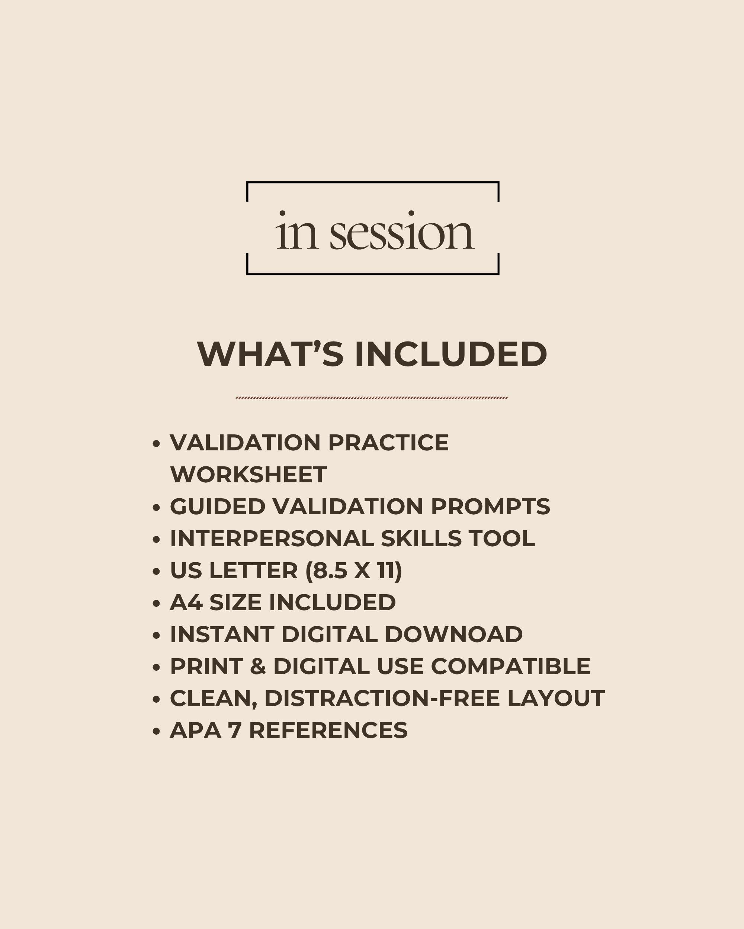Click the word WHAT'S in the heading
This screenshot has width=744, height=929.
click(270, 354)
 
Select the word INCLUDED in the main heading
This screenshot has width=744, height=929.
click(451, 354)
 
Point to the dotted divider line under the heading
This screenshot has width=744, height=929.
click(372, 397)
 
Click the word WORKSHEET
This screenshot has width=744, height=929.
click(248, 475)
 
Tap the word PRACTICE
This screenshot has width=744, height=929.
click(388, 443)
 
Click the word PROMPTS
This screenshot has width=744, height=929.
click(490, 506)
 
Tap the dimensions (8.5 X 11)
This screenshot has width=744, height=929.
click(353, 570)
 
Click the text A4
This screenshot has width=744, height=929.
click(186, 602)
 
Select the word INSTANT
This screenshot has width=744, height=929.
click(222, 634)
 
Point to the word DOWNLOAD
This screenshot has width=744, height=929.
click(453, 634)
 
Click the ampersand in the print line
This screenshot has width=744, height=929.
click(258, 666)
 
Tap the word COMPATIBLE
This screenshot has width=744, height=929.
click(510, 666)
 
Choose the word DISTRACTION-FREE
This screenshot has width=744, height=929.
click(382, 698)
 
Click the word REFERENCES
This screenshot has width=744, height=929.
click(328, 730)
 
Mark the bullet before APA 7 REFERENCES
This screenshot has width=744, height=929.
click(156, 731)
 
